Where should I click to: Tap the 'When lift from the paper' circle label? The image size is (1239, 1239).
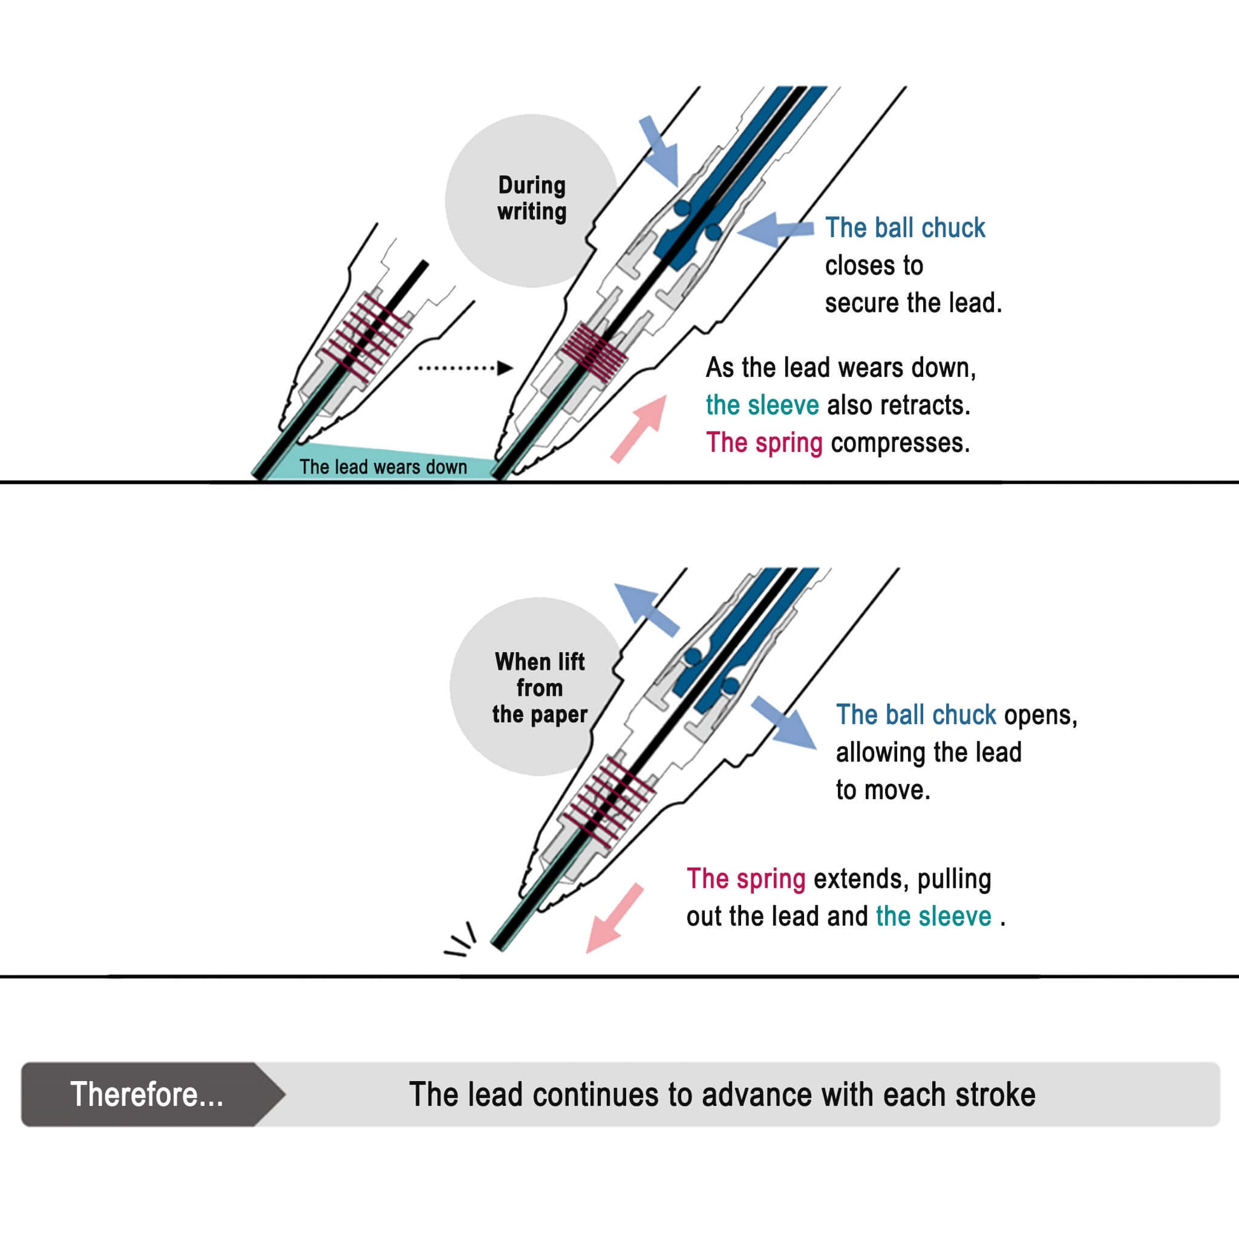click(x=539, y=687)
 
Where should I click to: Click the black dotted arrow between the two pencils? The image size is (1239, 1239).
click(x=465, y=368)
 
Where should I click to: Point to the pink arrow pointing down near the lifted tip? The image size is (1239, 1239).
click(x=614, y=918)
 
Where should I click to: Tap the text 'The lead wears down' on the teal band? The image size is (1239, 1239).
click(x=383, y=467)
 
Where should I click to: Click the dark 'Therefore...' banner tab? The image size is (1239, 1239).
click(x=147, y=1094)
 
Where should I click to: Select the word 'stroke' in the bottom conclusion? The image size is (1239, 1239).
click(x=995, y=1094)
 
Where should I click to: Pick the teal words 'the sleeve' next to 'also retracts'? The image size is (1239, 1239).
click(x=762, y=406)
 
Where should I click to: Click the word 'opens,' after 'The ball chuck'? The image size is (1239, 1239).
click(x=1040, y=714)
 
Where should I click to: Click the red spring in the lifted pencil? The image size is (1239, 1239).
click(x=609, y=799)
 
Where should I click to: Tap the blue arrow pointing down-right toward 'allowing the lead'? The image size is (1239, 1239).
click(x=784, y=723)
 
